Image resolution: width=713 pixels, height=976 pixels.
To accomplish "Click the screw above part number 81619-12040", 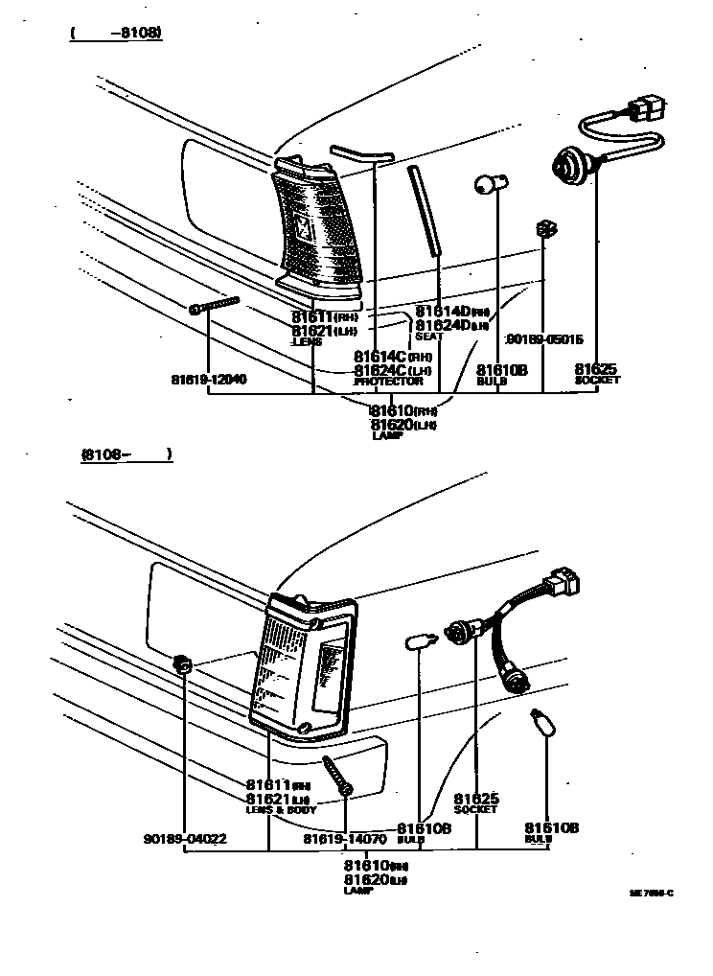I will (215, 305).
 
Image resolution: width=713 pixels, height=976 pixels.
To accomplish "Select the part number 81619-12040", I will (208, 379).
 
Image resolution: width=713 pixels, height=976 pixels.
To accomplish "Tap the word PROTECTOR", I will (388, 382).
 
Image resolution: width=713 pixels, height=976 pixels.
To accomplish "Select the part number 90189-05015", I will (544, 338).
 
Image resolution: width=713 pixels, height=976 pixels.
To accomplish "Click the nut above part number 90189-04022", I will (181, 663).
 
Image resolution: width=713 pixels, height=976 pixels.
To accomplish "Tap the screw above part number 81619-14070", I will (337, 775).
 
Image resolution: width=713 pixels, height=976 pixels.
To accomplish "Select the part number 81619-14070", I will (344, 839).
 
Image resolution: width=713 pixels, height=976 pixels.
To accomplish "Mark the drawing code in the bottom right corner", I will (651, 893).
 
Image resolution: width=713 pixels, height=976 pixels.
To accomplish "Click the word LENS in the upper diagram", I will (309, 341).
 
